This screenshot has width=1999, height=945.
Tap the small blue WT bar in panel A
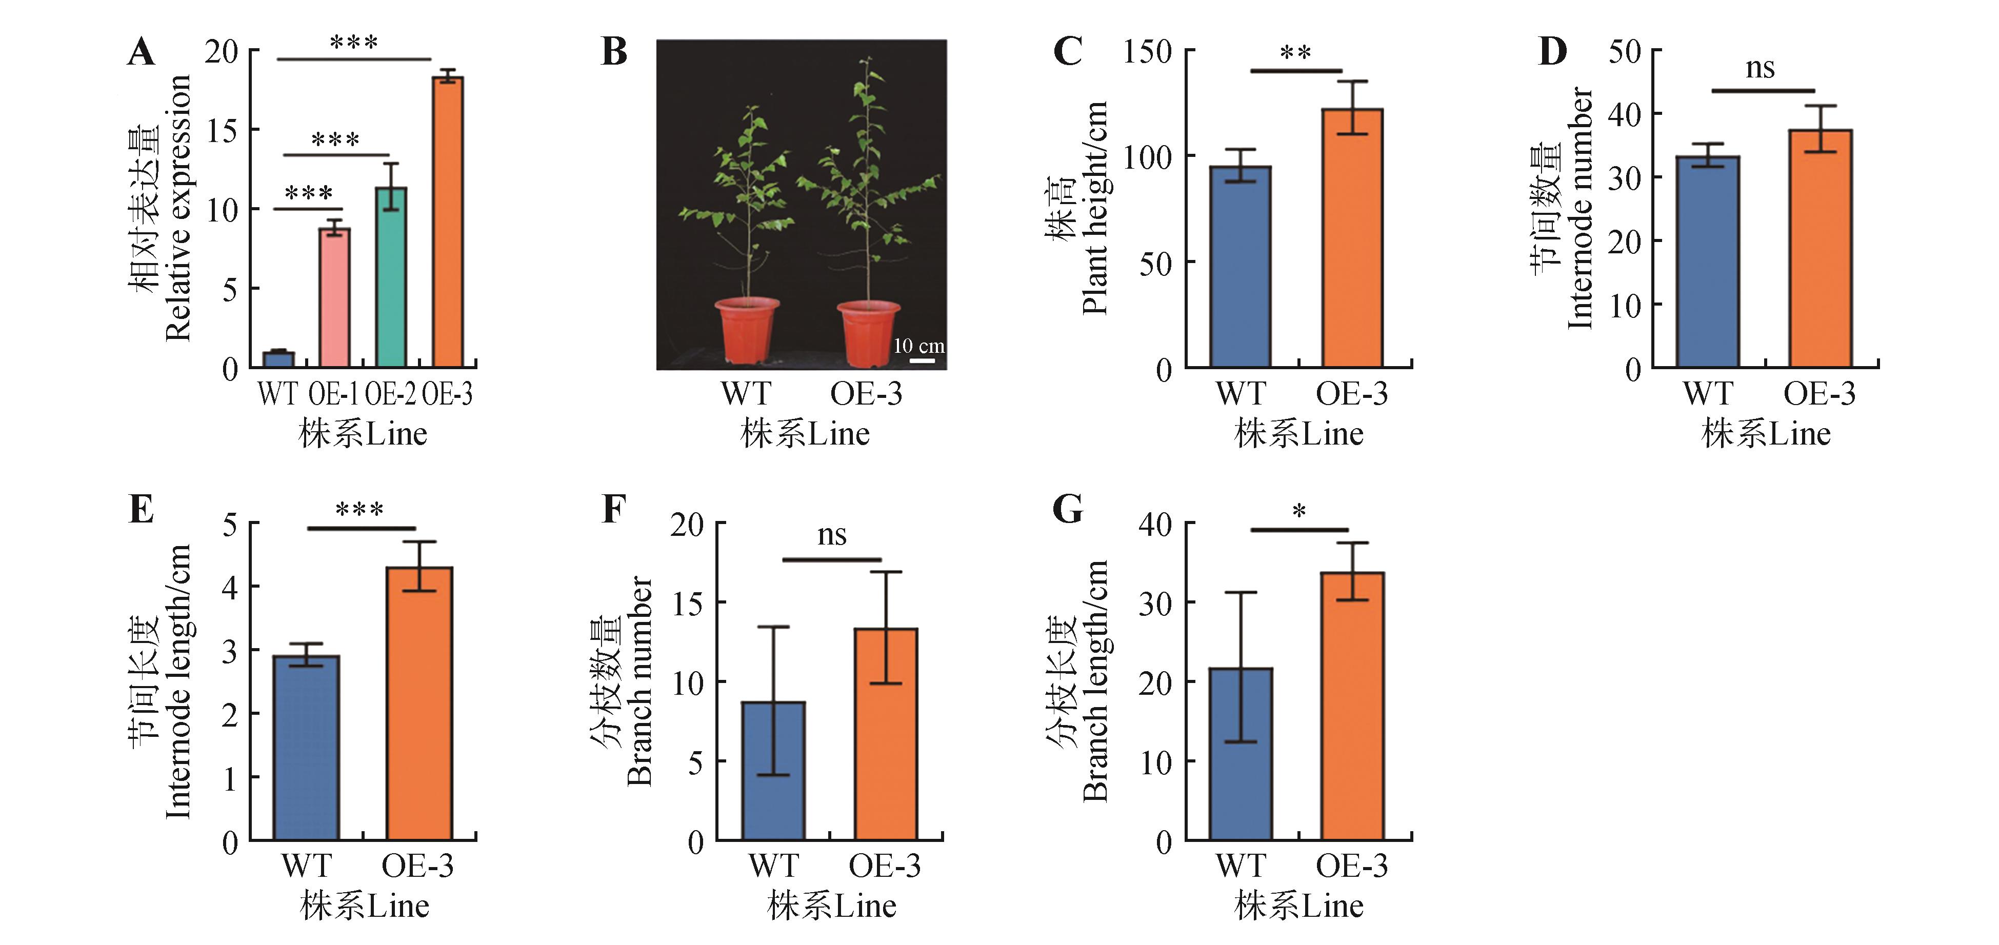pyautogui.click(x=278, y=359)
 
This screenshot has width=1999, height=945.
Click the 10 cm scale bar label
pyautogui.click(x=919, y=346)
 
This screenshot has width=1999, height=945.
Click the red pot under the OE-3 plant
pyautogui.click(x=868, y=332)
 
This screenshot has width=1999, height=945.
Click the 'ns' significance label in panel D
pyautogui.click(x=1760, y=68)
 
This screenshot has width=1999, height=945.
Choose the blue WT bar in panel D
pyautogui.click(x=1707, y=262)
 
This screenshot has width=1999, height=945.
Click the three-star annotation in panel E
pyautogui.click(x=359, y=510)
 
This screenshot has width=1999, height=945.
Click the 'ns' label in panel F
pyautogui.click(x=832, y=535)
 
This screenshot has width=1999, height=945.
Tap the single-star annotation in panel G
pyautogui.click(x=1299, y=511)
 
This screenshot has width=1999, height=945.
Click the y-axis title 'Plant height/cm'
pyautogui.click(x=1094, y=208)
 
